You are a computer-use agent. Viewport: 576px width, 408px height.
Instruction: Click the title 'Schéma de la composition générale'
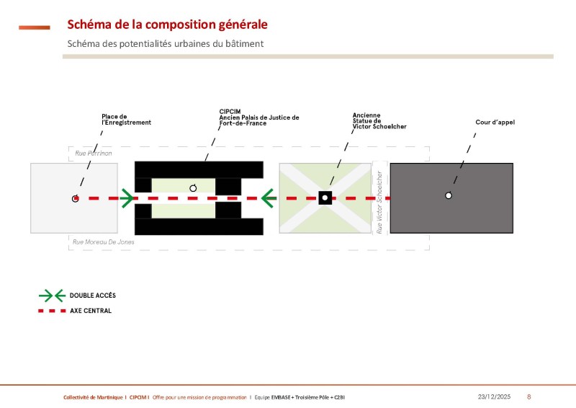[x=167, y=25]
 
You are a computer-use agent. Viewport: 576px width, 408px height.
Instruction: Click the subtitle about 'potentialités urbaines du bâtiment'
[x=166, y=44]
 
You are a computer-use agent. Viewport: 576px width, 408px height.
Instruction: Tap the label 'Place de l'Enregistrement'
[x=127, y=120]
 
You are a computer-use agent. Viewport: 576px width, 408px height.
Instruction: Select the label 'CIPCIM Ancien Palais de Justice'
[x=258, y=117]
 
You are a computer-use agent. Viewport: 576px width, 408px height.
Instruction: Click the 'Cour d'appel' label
[x=495, y=123]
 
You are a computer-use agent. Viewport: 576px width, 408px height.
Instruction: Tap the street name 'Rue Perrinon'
[x=94, y=154]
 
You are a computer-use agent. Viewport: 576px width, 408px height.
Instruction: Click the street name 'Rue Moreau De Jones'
[x=104, y=242]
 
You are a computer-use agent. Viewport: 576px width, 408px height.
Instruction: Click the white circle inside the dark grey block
[x=449, y=195]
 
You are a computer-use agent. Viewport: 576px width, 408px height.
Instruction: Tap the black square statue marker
[x=325, y=198]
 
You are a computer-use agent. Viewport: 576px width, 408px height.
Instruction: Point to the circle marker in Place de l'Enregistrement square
[x=76, y=198]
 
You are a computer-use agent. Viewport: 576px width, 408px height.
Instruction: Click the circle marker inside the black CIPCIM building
[x=193, y=188]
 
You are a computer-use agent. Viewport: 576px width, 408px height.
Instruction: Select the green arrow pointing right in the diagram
[x=127, y=198]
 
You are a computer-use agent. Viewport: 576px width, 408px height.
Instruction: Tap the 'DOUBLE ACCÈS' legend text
[x=92, y=296]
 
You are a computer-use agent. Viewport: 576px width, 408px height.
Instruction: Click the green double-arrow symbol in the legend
[x=51, y=296]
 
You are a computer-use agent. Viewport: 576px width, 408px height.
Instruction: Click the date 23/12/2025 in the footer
[x=493, y=397]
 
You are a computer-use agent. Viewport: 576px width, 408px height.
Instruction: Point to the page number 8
[x=529, y=397]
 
